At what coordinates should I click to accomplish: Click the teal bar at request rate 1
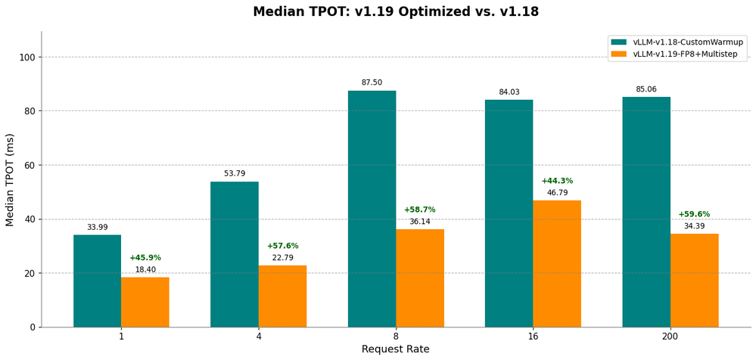(97, 281)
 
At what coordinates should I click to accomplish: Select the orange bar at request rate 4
(282, 296)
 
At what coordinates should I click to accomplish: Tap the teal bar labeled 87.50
(372, 209)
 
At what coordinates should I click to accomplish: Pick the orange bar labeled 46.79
(557, 263)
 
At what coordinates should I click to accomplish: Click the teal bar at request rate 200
(646, 212)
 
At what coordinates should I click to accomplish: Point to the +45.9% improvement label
(145, 258)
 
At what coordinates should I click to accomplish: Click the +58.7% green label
(419, 209)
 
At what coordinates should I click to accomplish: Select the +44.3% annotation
(557, 181)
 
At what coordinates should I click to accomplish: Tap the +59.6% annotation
(694, 214)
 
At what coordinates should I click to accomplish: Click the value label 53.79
(235, 174)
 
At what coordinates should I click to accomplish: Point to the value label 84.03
(509, 92)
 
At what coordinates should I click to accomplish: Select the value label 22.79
(282, 258)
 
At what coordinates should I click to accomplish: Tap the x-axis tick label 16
(533, 337)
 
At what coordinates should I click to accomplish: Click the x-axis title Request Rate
(395, 349)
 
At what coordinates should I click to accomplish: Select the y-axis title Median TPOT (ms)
(11, 179)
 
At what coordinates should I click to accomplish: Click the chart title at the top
(396, 12)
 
